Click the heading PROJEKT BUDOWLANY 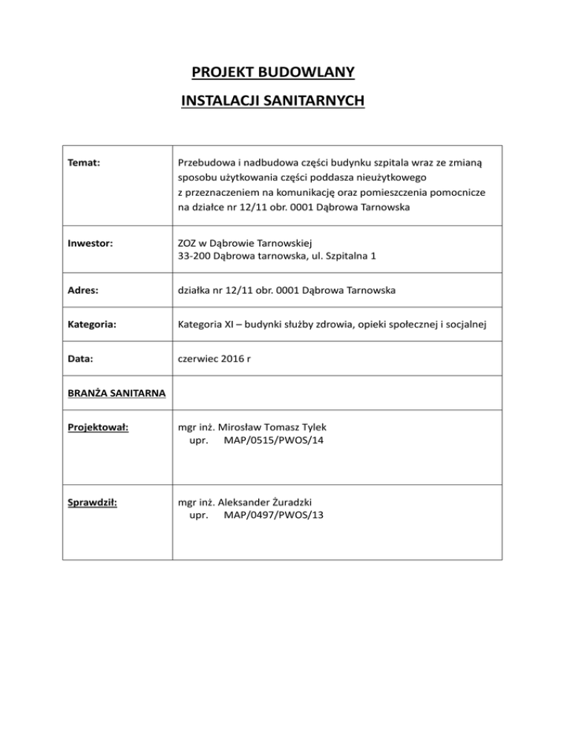272,73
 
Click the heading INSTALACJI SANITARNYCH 272,100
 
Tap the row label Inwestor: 88,242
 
